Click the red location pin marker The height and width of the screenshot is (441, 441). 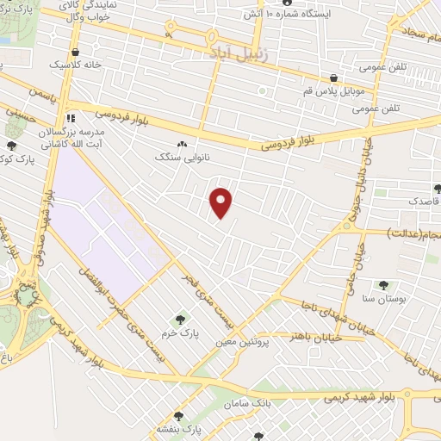[221, 202]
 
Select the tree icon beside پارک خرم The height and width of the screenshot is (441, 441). [180, 320]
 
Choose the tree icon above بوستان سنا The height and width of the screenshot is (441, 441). [383, 284]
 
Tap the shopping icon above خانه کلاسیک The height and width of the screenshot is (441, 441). [76, 51]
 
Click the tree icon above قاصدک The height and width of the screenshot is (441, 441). [438, 187]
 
